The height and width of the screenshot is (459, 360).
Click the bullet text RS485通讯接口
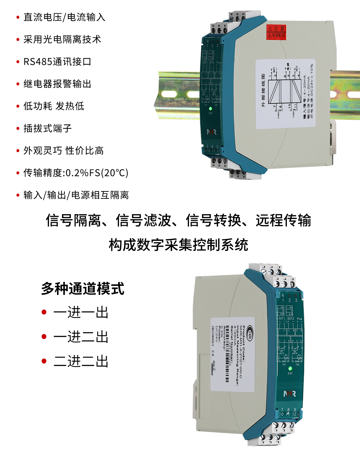(x=57, y=62)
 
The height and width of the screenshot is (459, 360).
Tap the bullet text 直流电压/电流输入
(x=64, y=17)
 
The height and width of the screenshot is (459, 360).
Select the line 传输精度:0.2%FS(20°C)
(x=76, y=173)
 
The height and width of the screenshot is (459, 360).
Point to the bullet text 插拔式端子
(x=48, y=128)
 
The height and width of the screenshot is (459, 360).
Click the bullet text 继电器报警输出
(x=57, y=84)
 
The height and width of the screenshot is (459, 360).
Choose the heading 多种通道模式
(x=83, y=289)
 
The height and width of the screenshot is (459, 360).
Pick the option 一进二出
(x=81, y=337)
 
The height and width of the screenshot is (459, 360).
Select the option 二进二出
(x=81, y=361)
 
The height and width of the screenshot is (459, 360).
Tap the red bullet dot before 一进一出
(x=44, y=312)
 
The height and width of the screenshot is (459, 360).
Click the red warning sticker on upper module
(x=276, y=32)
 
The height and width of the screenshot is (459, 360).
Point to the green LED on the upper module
(x=210, y=109)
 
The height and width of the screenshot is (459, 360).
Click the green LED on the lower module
(x=290, y=369)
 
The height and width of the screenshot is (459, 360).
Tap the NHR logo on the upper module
(x=212, y=132)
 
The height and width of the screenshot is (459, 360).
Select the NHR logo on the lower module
(x=290, y=394)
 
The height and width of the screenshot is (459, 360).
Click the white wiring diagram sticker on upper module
(x=286, y=94)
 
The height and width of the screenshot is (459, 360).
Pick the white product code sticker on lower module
(x=232, y=354)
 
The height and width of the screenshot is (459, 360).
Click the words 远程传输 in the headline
(x=283, y=220)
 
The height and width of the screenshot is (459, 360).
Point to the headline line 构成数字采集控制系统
(x=178, y=245)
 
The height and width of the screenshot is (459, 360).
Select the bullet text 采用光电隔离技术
(x=62, y=40)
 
